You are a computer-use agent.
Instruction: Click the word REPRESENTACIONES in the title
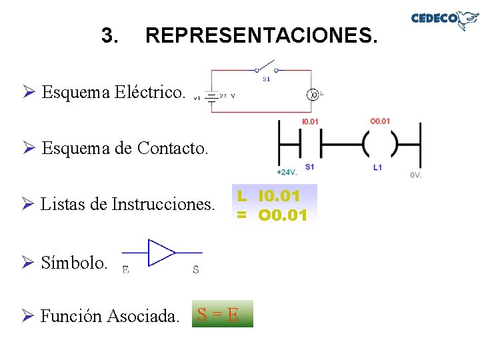tap(261, 35)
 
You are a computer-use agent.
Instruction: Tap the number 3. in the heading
tap(110, 35)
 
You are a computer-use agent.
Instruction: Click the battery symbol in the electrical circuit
tap(211, 97)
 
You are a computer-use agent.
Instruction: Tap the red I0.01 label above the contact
tap(310, 121)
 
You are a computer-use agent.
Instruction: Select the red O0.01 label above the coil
tap(380, 121)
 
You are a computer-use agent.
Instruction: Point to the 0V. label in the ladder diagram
tap(415, 175)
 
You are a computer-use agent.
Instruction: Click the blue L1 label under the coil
tap(378, 167)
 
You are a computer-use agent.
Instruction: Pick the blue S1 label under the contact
tap(309, 167)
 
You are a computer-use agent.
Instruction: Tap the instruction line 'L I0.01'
tap(270, 196)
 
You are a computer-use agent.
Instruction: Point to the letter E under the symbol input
tap(126, 270)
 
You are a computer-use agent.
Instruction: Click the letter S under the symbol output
tap(195, 270)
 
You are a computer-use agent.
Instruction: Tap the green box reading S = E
tap(222, 313)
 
